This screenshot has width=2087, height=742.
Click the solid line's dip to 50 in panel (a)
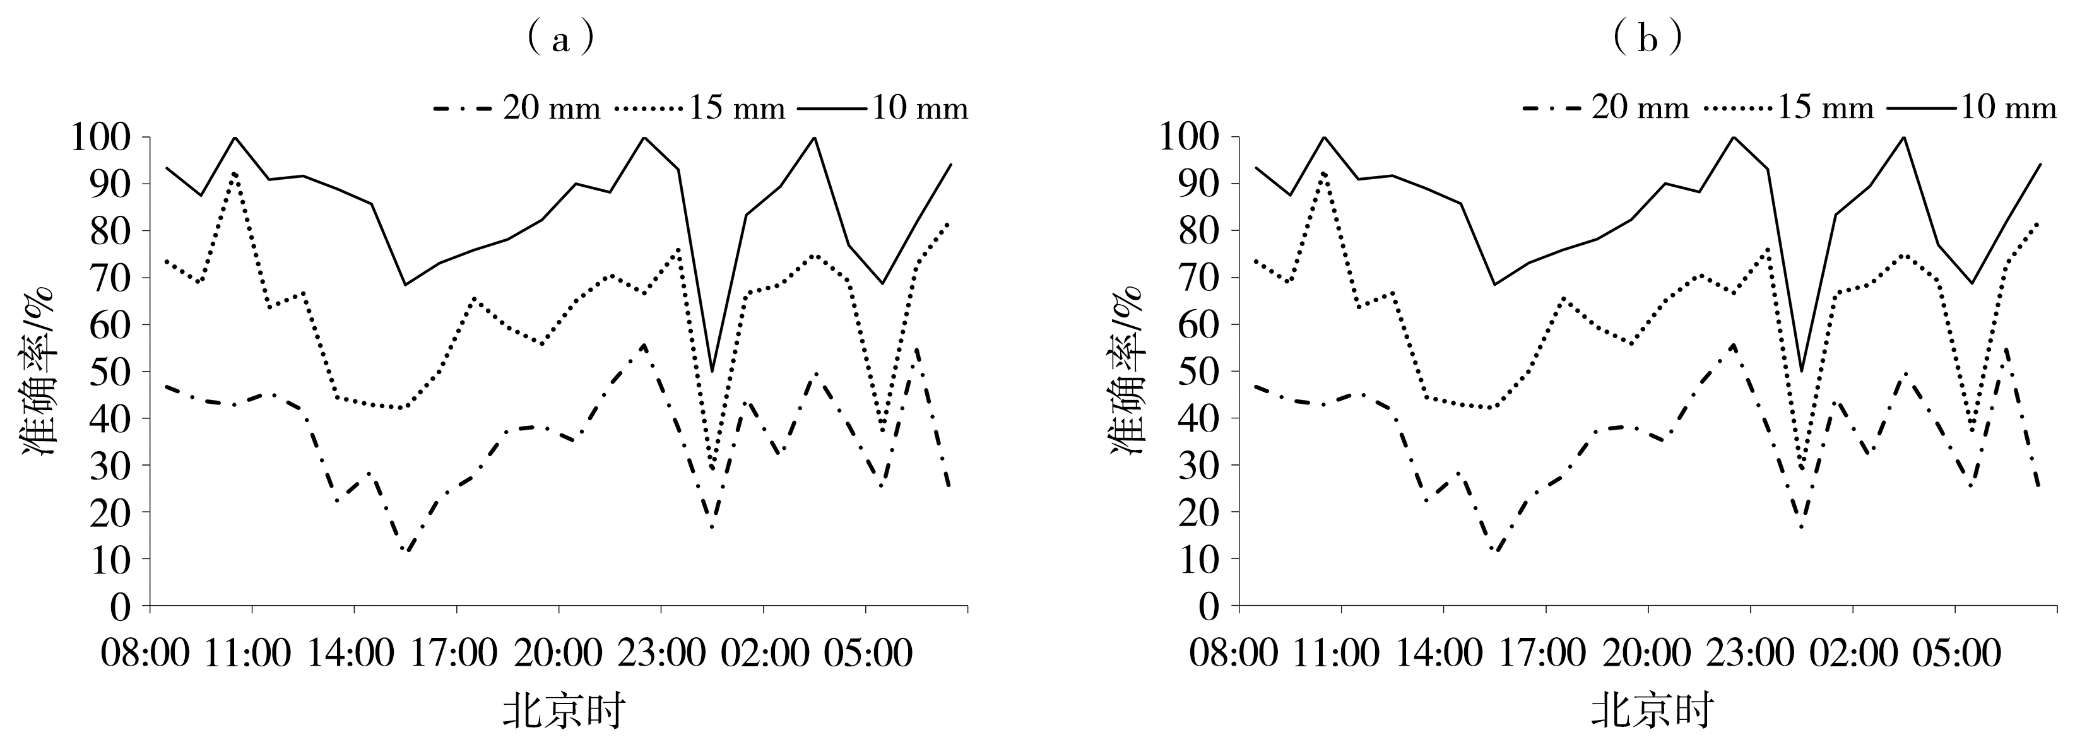[712, 371]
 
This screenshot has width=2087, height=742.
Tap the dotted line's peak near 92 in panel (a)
[235, 174]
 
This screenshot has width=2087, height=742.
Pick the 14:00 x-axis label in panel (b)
[1444, 653]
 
